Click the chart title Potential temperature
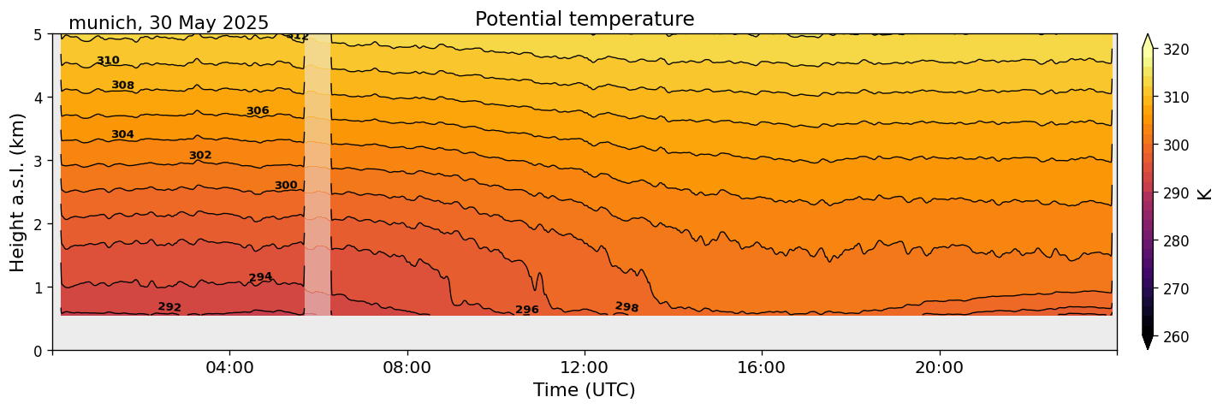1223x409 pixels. pos(585,19)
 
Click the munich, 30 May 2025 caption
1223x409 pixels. pos(169,23)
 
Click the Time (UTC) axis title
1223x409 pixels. pos(585,390)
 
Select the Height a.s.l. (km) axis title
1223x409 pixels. pos(18,192)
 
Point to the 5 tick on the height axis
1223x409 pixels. pos(39,34)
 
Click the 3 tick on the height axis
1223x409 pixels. pos(39,161)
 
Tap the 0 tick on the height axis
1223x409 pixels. pos(39,350)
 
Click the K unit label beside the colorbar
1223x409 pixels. pos(1206,193)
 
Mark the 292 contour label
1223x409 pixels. pos(169,307)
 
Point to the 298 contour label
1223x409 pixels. pos(626,306)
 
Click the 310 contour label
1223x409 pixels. pos(108,61)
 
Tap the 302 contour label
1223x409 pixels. pos(200,156)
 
